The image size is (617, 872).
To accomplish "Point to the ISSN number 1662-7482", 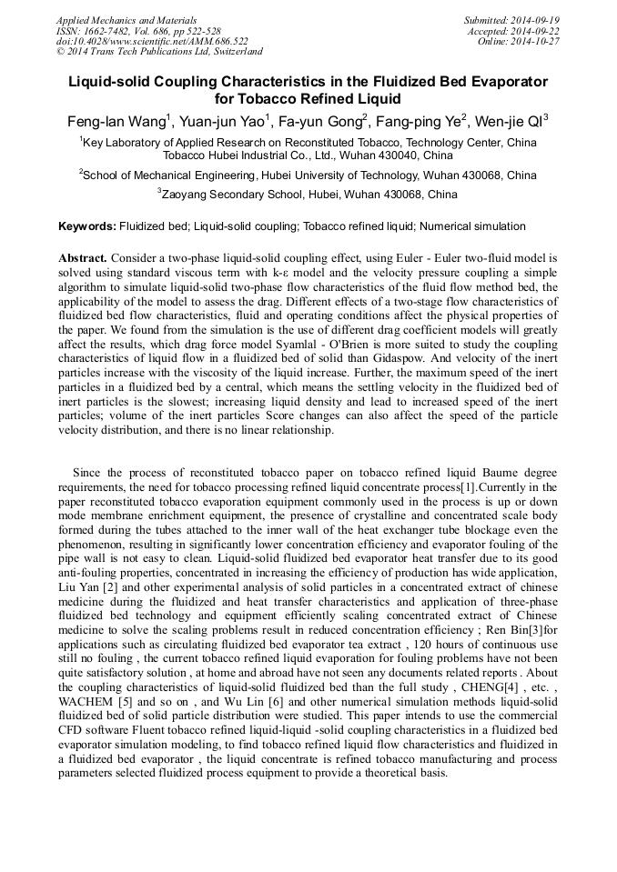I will click(x=110, y=31).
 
